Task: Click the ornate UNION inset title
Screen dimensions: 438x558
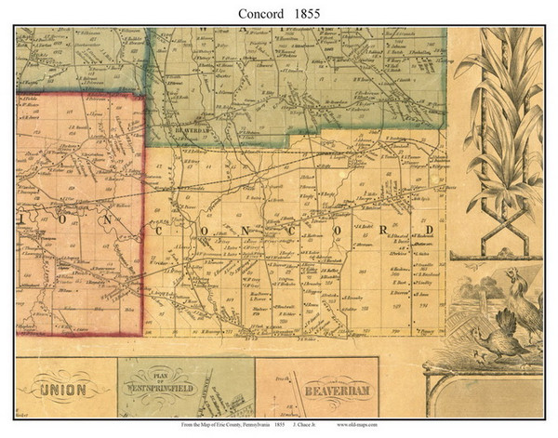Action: [x=62, y=387]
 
